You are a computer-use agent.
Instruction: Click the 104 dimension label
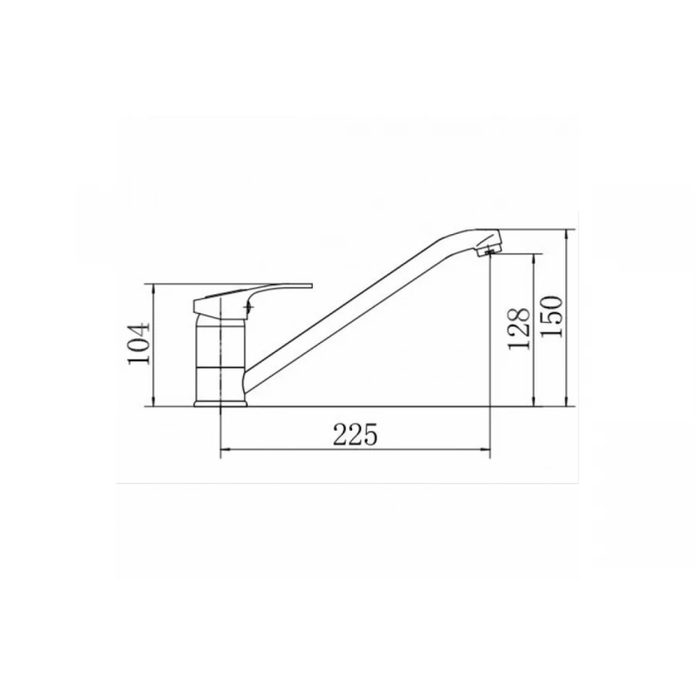pos(139,344)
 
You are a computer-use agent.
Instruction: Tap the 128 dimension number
pos(519,328)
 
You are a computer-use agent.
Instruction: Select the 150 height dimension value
pos(552,317)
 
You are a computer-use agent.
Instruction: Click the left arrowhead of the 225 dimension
pos(226,449)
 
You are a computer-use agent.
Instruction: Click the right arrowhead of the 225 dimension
pos(485,449)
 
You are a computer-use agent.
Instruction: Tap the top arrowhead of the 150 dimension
pos(567,235)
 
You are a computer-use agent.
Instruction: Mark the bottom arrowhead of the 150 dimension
pos(567,401)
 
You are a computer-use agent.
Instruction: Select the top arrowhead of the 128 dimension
pos(534,259)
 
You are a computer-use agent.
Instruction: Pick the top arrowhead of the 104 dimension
pos(154,290)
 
